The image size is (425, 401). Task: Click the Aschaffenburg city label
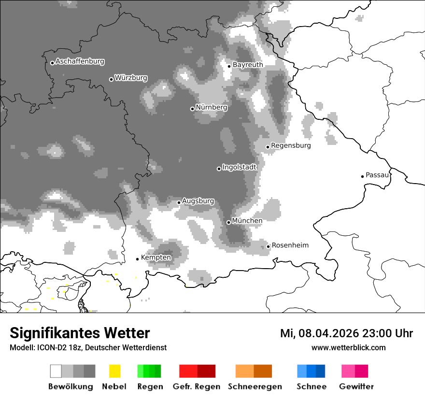coord(80,62)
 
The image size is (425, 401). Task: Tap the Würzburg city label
coord(131,78)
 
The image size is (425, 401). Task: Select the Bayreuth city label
coord(248,65)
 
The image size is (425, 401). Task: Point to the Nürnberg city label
coord(212,107)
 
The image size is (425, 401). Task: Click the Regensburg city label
coord(291,145)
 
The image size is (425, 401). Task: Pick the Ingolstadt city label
coord(240,167)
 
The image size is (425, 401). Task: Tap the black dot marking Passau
coord(362,176)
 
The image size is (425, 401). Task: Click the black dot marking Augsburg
coord(179,202)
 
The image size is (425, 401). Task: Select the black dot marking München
coord(228,222)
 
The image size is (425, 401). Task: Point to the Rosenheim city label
coord(290,245)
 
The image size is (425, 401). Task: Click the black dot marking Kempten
coord(137,259)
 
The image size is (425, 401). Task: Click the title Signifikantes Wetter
coord(80,333)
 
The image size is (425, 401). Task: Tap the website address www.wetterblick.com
coord(348,348)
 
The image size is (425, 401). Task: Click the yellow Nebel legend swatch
coord(114,371)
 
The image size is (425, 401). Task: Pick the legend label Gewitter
coord(356,387)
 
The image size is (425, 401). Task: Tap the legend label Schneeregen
coord(255,387)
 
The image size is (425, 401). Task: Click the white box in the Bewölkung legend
coord(56,371)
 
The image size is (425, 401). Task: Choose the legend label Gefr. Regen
coord(197,387)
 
